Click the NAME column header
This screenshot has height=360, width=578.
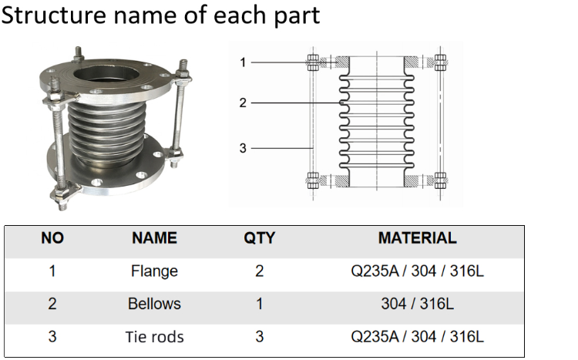pyautogui.click(x=154, y=238)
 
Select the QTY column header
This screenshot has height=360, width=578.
pyautogui.click(x=260, y=238)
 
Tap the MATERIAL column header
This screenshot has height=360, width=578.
pyautogui.click(x=417, y=238)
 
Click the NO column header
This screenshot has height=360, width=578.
pyautogui.click(x=52, y=238)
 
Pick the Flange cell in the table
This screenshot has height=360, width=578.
pyautogui.click(x=154, y=271)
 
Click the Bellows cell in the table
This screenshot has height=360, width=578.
pyautogui.click(x=154, y=304)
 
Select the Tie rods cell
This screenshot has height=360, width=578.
pyautogui.click(x=154, y=337)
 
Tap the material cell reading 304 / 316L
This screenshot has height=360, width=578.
pyautogui.click(x=417, y=304)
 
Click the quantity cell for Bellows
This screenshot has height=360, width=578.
pyautogui.click(x=260, y=304)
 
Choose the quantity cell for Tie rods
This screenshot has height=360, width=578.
pyautogui.click(x=260, y=337)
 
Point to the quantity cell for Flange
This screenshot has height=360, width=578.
pyautogui.click(x=260, y=271)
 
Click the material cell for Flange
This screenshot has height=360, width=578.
pyautogui.click(x=417, y=271)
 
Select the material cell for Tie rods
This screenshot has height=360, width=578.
pyautogui.click(x=417, y=337)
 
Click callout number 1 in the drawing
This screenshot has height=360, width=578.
pyautogui.click(x=243, y=62)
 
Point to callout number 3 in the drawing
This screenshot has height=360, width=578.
pyautogui.click(x=243, y=147)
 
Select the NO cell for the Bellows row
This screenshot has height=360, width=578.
pyautogui.click(x=52, y=304)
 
